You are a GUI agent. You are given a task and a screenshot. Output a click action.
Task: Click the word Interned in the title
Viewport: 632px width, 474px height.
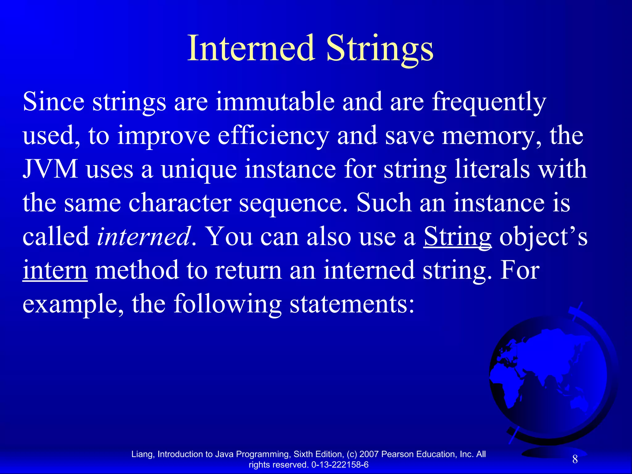click(251, 48)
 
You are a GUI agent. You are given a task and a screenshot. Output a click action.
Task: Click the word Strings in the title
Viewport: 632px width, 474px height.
click(380, 49)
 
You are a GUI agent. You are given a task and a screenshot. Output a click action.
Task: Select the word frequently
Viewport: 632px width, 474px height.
click(489, 102)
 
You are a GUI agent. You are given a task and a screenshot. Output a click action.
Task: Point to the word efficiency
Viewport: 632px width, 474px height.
click(273, 136)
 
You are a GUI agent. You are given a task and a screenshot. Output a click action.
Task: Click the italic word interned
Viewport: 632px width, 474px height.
click(143, 236)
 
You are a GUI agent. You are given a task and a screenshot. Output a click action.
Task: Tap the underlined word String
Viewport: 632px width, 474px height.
click(457, 237)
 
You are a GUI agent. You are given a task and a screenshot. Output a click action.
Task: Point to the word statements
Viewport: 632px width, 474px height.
click(352, 304)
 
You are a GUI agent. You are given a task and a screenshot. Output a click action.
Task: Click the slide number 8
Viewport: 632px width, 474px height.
click(575, 459)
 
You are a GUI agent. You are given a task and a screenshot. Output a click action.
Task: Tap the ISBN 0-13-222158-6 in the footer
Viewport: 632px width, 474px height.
click(340, 465)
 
